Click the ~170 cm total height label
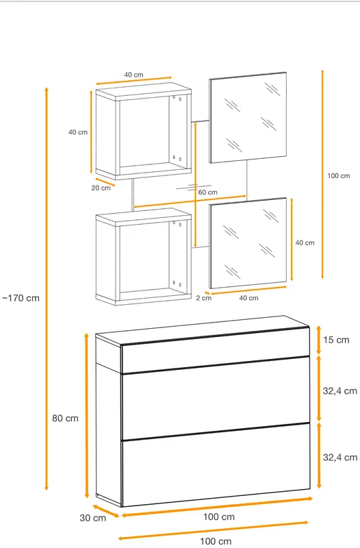click(x=21, y=298)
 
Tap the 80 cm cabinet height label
click(x=65, y=418)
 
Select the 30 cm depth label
click(x=92, y=518)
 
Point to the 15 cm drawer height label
click(x=336, y=340)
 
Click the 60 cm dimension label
click(x=208, y=192)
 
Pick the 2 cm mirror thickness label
click(x=203, y=298)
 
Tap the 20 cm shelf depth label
click(x=101, y=188)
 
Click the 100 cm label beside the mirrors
click(x=338, y=176)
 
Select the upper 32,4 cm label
click(x=339, y=390)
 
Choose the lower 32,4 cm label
click(x=339, y=457)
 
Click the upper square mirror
click(x=248, y=117)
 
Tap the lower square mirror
click(x=248, y=243)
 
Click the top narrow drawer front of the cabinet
click(x=216, y=350)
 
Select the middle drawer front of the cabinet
click(x=216, y=399)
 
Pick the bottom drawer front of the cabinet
click(x=216, y=465)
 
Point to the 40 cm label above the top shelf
click(x=133, y=75)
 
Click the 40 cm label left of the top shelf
click(x=78, y=132)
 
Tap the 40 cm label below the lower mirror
click(x=248, y=298)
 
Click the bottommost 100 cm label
click(x=216, y=541)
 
